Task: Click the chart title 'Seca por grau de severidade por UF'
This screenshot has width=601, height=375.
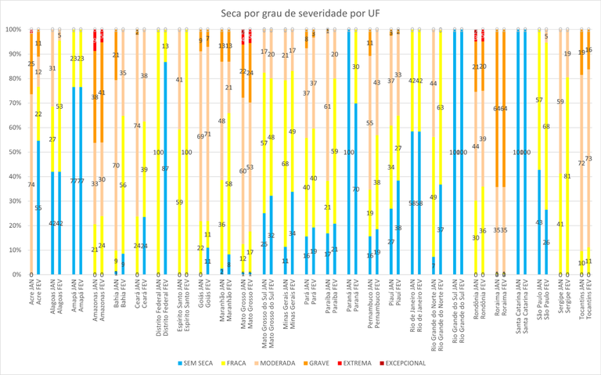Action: pyautogui.click(x=300, y=13)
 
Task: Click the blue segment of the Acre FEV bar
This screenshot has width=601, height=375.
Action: pyautogui.click(x=38, y=207)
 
